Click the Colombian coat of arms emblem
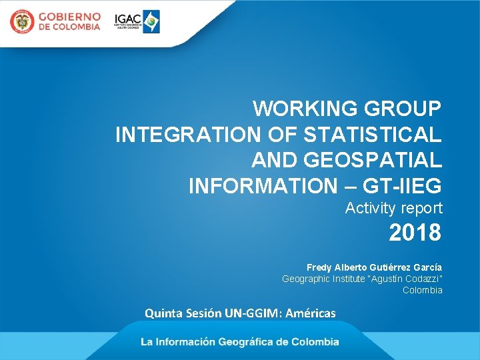click(x=21, y=22)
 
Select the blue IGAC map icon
click(x=152, y=21)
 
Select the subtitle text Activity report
click(x=393, y=209)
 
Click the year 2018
click(x=415, y=233)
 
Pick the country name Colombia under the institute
click(x=422, y=290)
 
